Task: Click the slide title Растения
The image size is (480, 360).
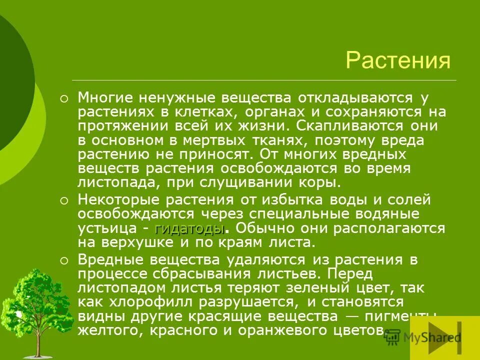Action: click(x=398, y=60)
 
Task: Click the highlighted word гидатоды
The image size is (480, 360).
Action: click(x=189, y=229)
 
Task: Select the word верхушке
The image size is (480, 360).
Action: click(x=137, y=243)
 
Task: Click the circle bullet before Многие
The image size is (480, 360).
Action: click(x=63, y=98)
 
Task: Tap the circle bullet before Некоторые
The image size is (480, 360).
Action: click(x=63, y=201)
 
